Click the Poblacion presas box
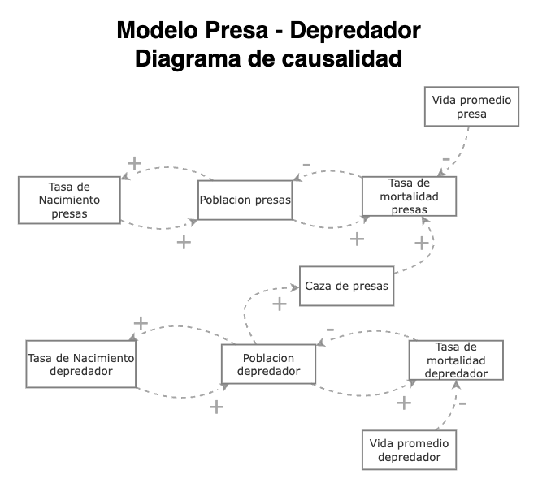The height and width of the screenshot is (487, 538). [245, 200]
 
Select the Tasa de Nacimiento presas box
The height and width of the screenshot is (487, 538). [69, 200]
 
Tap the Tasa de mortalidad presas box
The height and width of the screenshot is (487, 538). [409, 196]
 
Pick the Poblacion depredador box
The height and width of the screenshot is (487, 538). [267, 364]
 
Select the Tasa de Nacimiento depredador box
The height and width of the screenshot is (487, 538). [80, 364]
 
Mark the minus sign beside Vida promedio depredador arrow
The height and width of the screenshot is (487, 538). [462, 403]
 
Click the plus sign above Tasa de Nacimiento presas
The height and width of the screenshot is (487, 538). [135, 163]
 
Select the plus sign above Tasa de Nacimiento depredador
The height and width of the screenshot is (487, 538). [141, 323]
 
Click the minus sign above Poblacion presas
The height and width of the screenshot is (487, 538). [306, 166]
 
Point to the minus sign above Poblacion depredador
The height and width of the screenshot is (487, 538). [329, 330]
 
